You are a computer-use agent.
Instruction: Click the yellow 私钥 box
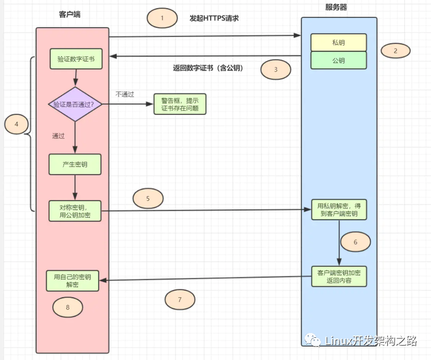[x=339, y=43]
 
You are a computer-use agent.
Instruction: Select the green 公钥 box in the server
[x=339, y=60]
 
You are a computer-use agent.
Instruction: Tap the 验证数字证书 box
[x=76, y=59]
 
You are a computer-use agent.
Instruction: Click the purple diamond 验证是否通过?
[x=75, y=104]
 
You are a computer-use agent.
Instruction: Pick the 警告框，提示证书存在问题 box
[x=180, y=104]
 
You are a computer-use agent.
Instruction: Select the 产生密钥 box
[x=75, y=164]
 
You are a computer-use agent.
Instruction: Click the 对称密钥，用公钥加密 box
[x=75, y=211]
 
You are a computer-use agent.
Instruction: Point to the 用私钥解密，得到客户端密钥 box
[x=339, y=210]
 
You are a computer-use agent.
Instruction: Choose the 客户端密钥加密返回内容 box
[x=339, y=276]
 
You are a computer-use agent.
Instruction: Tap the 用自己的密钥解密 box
[x=72, y=280]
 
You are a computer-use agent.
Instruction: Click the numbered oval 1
[x=162, y=18]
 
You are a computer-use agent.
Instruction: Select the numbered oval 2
[x=396, y=50]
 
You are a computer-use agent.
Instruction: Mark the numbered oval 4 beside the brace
[x=17, y=124]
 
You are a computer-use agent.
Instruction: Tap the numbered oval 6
[x=356, y=242]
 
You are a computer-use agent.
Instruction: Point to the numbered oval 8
[x=68, y=307]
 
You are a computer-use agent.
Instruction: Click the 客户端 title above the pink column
[x=70, y=14]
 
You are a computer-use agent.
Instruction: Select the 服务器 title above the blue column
[x=336, y=7]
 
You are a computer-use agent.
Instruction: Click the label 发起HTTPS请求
[x=214, y=18]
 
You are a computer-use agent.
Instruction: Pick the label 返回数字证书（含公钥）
[x=208, y=68]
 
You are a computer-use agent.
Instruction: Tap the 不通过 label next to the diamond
[x=125, y=94]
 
